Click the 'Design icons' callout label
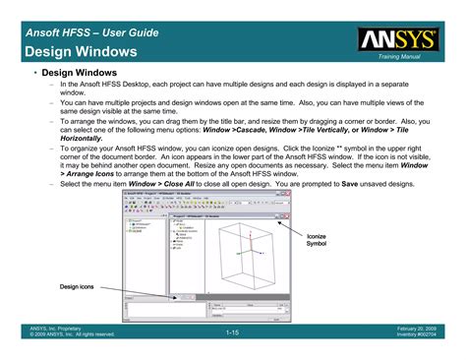coord(75,285)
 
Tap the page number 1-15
coord(233,333)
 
